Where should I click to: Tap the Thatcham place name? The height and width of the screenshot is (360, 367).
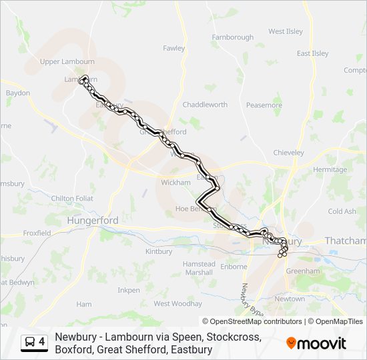pos(345,241)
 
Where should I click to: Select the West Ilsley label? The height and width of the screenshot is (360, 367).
pos(286,31)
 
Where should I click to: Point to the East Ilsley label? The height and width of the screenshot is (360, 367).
pos(313,53)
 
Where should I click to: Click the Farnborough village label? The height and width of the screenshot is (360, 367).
pos(232,37)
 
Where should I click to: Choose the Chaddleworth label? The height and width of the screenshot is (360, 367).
pos(205,105)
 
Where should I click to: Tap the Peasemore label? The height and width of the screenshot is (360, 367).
pos(264,105)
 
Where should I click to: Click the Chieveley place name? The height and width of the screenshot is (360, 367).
pos(289,153)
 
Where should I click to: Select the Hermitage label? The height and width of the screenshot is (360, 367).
pos(330,169)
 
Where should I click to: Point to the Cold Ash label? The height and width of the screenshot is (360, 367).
pos(342,211)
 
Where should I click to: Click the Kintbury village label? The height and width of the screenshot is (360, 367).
pos(158,251)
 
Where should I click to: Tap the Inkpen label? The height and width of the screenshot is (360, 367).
pos(129,290)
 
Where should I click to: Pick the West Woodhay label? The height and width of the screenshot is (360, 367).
pos(177,303)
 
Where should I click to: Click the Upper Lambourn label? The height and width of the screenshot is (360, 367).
pos(67,62)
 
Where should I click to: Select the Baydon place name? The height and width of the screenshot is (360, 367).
pos(18,93)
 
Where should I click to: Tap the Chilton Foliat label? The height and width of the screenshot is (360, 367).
pos(72,198)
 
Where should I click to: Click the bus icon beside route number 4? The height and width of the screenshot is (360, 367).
pos(30,343)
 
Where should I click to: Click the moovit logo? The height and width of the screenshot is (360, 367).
pos(316,343)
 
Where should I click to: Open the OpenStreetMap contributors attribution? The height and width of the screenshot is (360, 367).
pos(256,321)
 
